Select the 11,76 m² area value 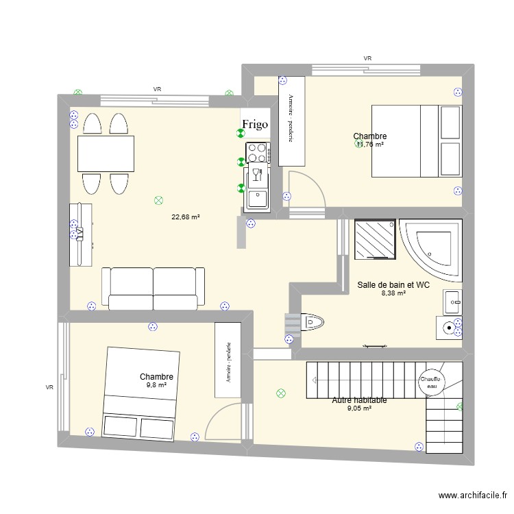[x=369, y=145]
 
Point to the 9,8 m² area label [x=156, y=385]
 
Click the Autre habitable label [x=359, y=400]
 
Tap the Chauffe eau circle [x=430, y=382]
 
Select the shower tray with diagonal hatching [x=375, y=239]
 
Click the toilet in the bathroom [x=311, y=320]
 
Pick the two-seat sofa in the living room [x=153, y=286]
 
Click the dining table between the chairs [x=106, y=153]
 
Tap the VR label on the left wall [x=49, y=387]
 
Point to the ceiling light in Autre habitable [x=280, y=393]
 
